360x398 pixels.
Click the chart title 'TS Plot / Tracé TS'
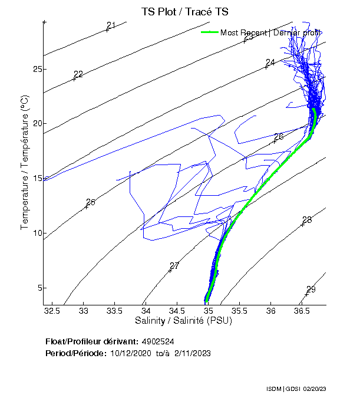(184, 11)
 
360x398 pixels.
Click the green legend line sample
(209, 32)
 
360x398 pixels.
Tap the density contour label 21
(111, 25)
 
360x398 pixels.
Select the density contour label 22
(78, 74)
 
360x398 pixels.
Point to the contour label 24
(270, 63)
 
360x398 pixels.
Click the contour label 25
(91, 202)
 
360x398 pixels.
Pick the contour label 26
(279, 137)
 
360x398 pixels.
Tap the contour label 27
(174, 266)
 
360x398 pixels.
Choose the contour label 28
(307, 220)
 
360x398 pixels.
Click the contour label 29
(311, 290)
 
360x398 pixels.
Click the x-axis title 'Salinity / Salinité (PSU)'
(184, 321)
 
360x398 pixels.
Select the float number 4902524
(157, 341)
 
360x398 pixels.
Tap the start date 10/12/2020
(131, 353)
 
